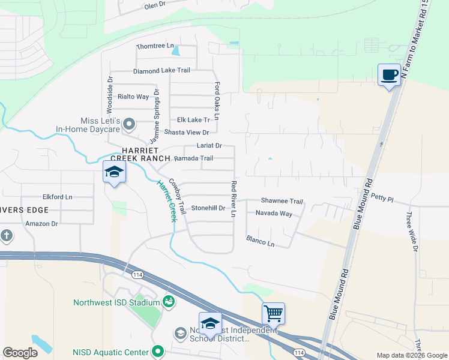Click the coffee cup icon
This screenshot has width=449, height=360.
[389, 75]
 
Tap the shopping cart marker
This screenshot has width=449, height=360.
[273, 313]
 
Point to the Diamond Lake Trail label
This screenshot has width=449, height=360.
[161, 71]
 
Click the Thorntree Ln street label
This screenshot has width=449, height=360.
[155, 46]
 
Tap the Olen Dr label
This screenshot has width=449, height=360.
[154, 5]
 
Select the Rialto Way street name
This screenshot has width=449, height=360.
[133, 97]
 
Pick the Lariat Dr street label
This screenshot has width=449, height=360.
[209, 146]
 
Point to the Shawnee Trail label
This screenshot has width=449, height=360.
[282, 201]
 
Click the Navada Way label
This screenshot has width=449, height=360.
[274, 214]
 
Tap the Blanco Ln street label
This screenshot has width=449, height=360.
[260, 241]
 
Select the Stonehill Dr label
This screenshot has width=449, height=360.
[208, 208]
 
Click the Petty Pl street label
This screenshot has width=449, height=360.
[382, 197]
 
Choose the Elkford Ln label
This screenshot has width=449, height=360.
[57, 196]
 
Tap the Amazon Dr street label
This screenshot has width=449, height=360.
[41, 224]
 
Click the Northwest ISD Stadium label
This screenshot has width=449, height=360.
[116, 302]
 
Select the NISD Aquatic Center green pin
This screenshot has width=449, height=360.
[158, 351]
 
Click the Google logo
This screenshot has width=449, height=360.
[20, 353]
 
